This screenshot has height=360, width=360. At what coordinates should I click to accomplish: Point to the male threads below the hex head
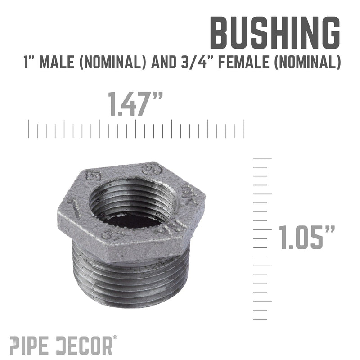(x=130, y=279)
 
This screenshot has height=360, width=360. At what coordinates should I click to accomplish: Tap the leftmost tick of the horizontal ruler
(x=29, y=128)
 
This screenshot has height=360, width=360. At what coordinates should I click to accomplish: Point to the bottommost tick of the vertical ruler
(x=261, y=319)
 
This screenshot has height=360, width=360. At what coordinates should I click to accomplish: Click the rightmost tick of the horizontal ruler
(x=243, y=128)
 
